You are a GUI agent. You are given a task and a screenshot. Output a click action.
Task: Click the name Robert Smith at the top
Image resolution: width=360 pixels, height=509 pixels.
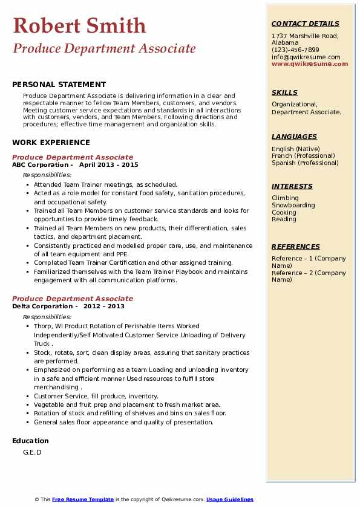[79, 25]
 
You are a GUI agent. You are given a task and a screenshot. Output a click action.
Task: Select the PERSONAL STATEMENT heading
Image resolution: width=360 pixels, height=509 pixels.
[59, 85]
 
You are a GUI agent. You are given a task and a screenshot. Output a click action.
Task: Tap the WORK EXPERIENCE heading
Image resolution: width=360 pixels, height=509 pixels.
[51, 143]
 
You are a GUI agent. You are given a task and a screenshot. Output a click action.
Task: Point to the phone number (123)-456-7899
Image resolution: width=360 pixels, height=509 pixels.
[295, 50]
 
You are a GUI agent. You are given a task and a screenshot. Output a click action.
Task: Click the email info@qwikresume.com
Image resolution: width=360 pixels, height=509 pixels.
[306, 57]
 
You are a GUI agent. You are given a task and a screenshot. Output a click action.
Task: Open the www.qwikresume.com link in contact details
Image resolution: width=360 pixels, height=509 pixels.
[310, 64]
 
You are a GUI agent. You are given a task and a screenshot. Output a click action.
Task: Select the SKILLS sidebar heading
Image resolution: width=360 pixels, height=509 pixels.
[284, 92]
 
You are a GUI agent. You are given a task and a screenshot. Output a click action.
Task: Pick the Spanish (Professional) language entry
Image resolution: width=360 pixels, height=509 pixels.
[305, 163]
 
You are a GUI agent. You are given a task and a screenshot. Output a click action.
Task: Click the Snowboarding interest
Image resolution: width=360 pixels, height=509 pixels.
[293, 205]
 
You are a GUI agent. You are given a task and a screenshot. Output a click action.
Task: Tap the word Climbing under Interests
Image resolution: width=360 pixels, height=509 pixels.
[285, 198]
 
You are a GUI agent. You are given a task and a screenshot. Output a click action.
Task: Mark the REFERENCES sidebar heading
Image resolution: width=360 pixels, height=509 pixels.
[296, 247]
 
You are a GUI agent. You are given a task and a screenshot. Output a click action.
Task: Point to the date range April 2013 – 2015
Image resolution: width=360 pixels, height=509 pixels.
[109, 164]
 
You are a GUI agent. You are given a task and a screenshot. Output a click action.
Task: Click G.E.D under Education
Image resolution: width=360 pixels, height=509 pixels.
[32, 452]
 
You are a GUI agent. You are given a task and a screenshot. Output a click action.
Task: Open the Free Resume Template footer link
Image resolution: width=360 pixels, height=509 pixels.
[83, 499]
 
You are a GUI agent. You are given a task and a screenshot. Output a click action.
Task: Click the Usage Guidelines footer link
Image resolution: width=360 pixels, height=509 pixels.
[230, 499]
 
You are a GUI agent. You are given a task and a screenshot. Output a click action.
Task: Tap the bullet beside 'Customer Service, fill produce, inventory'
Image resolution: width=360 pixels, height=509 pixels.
[27, 397]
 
